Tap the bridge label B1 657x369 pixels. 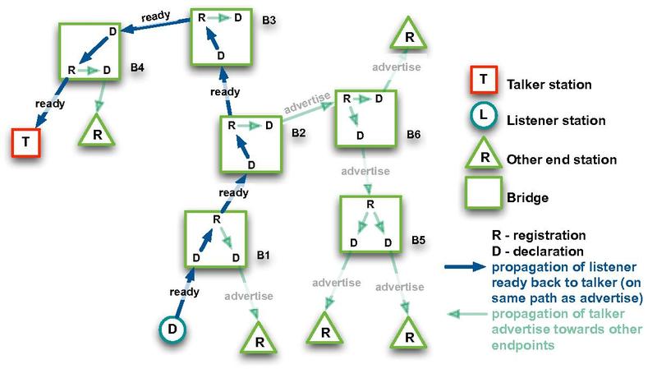click(x=263, y=256)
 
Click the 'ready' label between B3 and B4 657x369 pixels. click(x=156, y=16)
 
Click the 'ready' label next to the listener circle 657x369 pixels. click(x=181, y=292)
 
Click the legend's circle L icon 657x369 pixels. click(x=484, y=118)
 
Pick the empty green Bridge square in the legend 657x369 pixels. click(x=484, y=197)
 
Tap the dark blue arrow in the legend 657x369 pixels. click(x=466, y=268)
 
